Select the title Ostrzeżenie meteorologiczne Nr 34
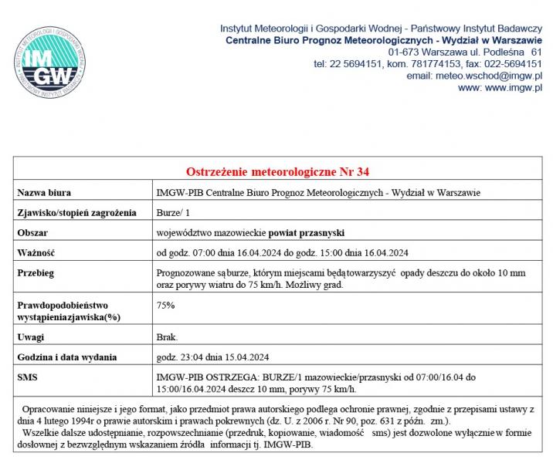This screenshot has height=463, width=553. pyautogui.click(x=283, y=171)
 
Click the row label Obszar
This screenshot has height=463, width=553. pyautogui.click(x=34, y=232)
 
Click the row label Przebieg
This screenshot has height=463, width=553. pyautogui.click(x=36, y=273)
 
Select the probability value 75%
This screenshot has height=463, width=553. pyautogui.click(x=165, y=306)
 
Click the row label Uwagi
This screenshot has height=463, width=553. pyautogui.click(x=32, y=337)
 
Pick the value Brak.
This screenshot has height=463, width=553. pyautogui.click(x=167, y=337)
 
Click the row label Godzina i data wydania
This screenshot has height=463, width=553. pyautogui.click(x=67, y=357)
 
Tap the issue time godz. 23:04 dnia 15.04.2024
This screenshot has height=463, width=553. pyautogui.click(x=212, y=357)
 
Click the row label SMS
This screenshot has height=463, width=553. pyautogui.click(x=27, y=377)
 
